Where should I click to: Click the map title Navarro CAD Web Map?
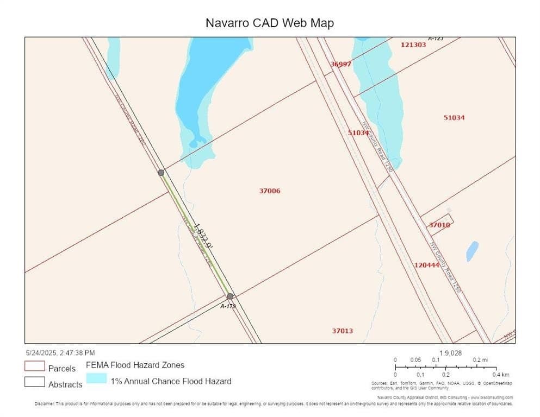coord(269,23)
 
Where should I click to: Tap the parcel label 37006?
coord(270,191)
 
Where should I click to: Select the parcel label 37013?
coord(343,331)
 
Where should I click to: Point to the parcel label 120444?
coord(426,265)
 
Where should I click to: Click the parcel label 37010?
coord(439,225)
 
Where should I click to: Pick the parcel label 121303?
coord(413,45)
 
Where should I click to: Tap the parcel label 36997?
coord(341,64)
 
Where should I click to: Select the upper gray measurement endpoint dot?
coord(161,173)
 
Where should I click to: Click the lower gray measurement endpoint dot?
coord(230,296)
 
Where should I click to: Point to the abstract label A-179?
coord(228,306)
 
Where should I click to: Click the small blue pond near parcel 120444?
coord(472,251)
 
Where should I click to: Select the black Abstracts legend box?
coord(34,382)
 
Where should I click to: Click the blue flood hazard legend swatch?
coord(96,378)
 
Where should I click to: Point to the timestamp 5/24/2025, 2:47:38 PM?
coord(60,352)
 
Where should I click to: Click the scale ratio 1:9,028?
coord(450,353)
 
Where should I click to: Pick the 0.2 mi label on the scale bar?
coord(480,360)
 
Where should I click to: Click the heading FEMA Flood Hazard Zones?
coord(135,365)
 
